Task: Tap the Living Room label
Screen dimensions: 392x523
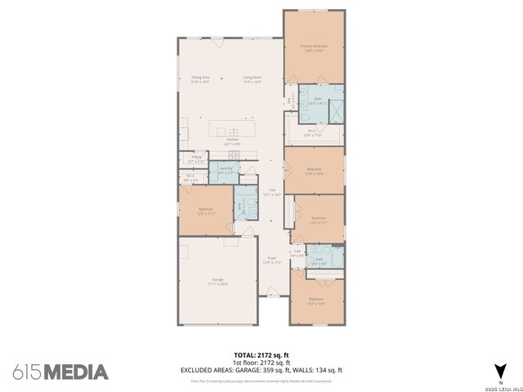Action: [252, 78]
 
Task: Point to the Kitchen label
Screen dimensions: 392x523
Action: [232, 140]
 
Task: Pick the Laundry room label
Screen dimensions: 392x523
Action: [226, 170]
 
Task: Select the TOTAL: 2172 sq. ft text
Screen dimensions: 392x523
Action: [261, 355]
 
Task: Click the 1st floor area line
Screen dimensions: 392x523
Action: [261, 362]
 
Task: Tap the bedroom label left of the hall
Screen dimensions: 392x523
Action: [205, 211]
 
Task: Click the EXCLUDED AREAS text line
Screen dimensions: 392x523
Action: [261, 369]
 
